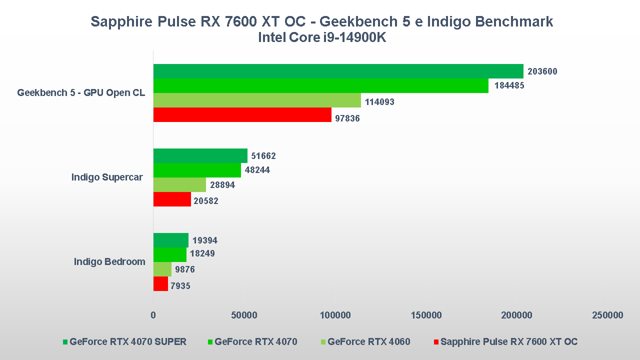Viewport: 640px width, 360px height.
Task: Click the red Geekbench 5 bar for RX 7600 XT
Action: [242, 115]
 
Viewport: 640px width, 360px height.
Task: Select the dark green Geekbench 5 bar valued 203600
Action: [338, 71]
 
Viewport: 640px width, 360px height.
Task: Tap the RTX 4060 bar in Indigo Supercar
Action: [179, 185]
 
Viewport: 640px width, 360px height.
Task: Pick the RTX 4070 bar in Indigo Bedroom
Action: [169, 254]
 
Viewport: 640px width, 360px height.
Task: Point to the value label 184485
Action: [509, 85]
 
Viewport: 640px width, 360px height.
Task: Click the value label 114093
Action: [379, 102]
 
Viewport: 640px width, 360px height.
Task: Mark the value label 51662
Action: [263, 156]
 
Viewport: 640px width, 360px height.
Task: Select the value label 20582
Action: [206, 201]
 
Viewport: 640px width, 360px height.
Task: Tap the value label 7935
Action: [180, 286]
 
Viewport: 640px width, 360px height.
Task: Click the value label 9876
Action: [184, 270]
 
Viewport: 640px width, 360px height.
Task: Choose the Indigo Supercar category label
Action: [107, 177]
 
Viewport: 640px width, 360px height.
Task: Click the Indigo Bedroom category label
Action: [109, 261]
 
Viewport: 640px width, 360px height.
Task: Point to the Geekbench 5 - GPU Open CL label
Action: [81, 92]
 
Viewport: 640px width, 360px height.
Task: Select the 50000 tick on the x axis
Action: [244, 315]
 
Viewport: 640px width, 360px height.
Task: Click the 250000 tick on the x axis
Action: [607, 315]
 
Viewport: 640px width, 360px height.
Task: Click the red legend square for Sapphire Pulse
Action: [436, 342]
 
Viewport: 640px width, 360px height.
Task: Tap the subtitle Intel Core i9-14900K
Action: [322, 37]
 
